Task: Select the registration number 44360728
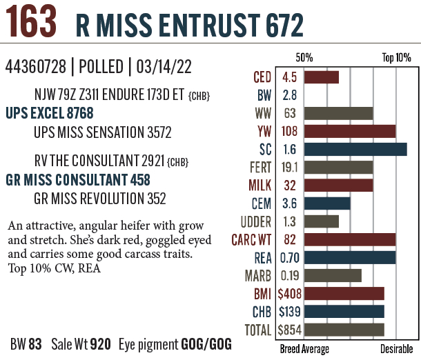tap(36, 67)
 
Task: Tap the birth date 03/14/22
tap(166, 67)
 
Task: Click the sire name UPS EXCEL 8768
tap(49, 112)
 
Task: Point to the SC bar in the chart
tap(355, 149)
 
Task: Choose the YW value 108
tap(290, 131)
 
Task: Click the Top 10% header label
tap(396, 58)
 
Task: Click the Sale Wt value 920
tap(100, 343)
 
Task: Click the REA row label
tap(263, 258)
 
